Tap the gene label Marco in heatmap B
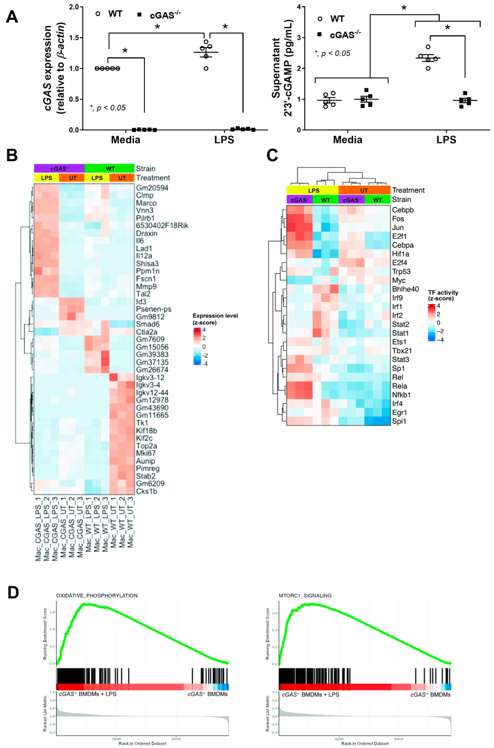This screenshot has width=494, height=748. point(146,203)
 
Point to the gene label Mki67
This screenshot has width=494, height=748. point(146,453)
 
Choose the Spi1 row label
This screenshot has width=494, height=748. point(399,421)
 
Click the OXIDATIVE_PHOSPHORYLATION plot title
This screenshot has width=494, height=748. point(97,596)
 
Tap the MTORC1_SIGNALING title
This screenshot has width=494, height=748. point(305,596)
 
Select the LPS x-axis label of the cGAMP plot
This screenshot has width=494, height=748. point(446,140)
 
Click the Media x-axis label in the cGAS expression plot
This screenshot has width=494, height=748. point(125,140)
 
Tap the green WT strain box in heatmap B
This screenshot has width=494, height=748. point(110,169)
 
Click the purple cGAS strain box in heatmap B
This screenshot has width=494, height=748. point(59,169)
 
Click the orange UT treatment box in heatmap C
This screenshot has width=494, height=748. point(364,190)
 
